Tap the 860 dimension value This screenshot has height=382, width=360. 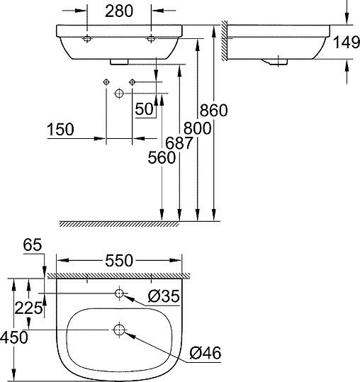click(213, 111)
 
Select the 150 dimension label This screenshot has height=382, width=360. click(62, 130)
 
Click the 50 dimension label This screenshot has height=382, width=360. click(145, 110)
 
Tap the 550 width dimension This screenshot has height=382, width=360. click(118, 261)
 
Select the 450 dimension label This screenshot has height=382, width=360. click(14, 337)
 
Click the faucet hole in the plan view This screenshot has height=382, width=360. click(119, 293)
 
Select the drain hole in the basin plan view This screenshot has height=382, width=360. click(119, 330)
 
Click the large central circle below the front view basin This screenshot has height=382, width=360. click(119, 94)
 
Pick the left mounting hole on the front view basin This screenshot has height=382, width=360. click(86, 38)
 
